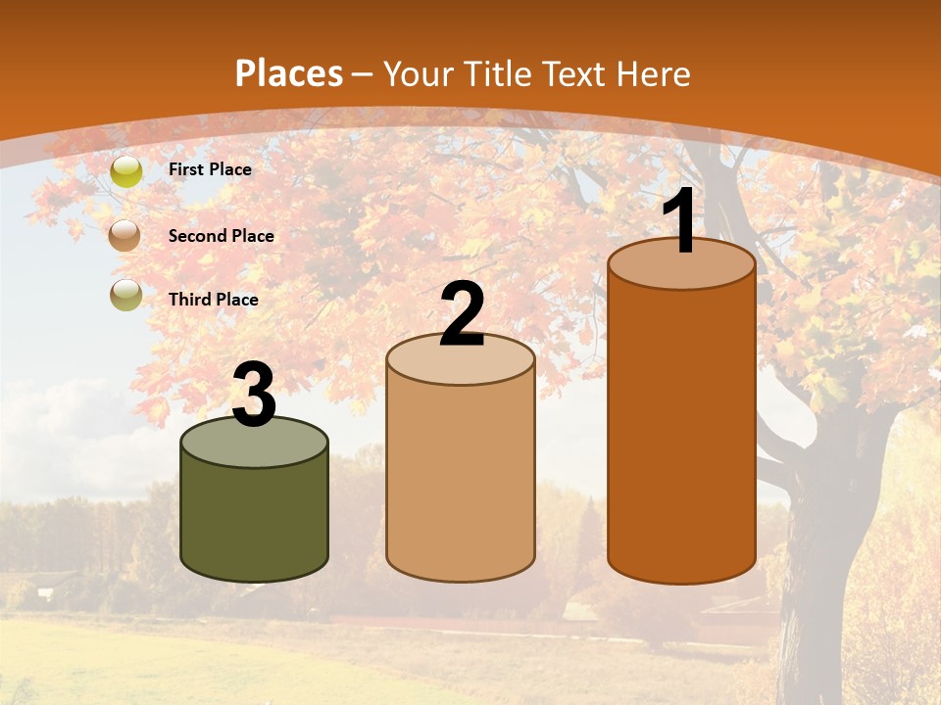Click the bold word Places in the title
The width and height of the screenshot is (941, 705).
pos(288,73)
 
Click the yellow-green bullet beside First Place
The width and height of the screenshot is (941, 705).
pos(125,170)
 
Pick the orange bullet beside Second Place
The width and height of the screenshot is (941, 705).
pos(125,235)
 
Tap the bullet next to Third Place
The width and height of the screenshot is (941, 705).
pos(125,295)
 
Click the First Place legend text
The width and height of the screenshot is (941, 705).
pos(210,169)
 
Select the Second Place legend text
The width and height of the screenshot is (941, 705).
pos(221,236)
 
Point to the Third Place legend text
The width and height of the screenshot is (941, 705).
pos(213,300)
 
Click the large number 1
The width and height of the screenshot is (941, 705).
pos(680,222)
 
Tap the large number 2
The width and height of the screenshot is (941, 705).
pos(462,314)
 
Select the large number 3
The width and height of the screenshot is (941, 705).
pos(254,396)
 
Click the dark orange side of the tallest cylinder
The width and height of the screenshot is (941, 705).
pos(681,431)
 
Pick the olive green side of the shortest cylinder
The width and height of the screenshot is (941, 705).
pos(255,519)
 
